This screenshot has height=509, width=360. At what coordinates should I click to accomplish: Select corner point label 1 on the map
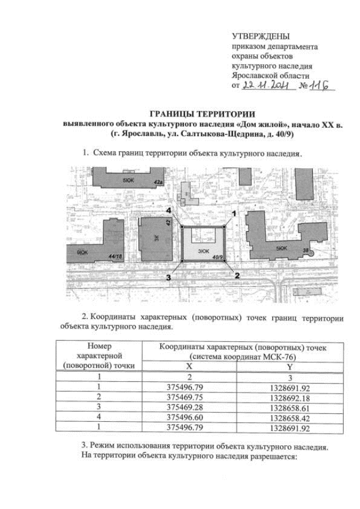click(235, 213)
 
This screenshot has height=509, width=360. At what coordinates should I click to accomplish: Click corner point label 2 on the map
click(237, 276)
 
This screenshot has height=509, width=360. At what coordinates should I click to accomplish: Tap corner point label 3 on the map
click(168, 277)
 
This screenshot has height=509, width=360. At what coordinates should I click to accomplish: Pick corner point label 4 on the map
click(169, 210)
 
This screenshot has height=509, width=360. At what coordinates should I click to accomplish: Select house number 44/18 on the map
click(116, 256)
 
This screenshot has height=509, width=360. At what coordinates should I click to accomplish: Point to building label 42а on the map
click(159, 182)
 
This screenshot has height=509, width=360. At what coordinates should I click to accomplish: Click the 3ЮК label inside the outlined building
click(203, 250)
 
